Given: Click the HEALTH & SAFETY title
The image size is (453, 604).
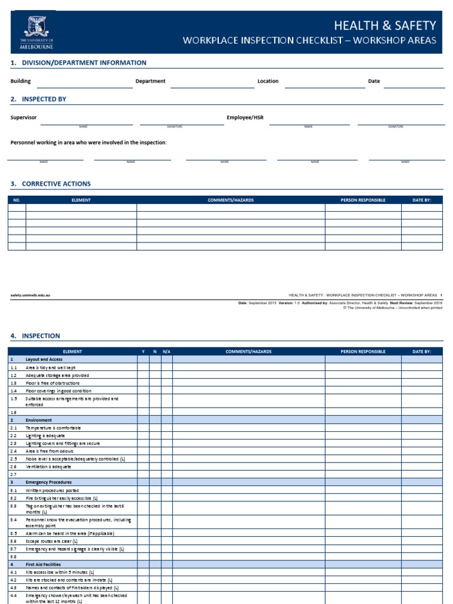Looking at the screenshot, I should tap(385, 25).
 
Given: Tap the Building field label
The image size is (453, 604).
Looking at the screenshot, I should tap(21, 81).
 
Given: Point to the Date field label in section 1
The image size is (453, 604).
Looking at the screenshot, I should tap(374, 81).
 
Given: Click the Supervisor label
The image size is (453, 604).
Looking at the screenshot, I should tap(24, 117).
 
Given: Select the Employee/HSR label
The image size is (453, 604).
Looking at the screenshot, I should tap(245, 117).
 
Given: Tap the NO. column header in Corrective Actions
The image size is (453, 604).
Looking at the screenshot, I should tap(17, 200).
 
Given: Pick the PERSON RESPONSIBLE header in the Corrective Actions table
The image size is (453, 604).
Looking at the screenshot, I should tap(363, 200).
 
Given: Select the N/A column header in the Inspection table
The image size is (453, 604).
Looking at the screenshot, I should tap(166, 352).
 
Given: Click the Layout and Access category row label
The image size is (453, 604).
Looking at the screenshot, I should tap(44, 359).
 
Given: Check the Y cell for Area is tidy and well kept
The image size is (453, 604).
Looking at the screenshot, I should tap(143, 367).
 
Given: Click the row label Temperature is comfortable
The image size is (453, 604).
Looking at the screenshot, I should tap(53, 428).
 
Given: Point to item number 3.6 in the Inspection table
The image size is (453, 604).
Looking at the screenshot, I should tap(14, 541).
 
